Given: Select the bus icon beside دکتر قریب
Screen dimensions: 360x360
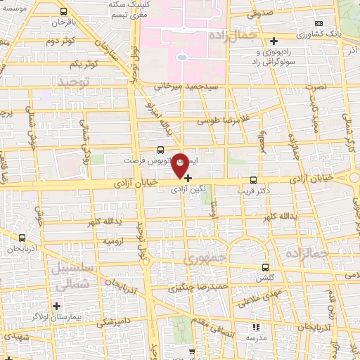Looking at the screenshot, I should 254,179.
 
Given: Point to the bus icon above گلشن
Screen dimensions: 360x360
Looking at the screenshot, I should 264,267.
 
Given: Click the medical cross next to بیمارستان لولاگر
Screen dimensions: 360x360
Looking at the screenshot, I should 56,306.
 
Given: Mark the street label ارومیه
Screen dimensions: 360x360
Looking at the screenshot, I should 117,241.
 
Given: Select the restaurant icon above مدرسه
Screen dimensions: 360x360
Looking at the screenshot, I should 256,326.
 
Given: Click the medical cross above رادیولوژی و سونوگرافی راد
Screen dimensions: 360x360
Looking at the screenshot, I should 274,41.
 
